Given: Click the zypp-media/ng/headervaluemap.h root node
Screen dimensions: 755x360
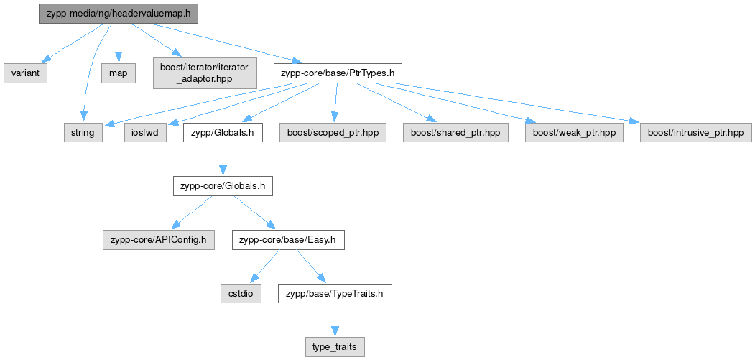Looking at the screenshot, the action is [x=119, y=14].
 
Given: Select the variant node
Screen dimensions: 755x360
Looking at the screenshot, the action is [x=26, y=74].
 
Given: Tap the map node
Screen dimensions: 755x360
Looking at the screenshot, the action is [x=119, y=74].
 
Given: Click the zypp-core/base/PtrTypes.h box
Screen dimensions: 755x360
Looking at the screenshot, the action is [x=338, y=74].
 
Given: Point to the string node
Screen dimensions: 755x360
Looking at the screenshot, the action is [x=83, y=132].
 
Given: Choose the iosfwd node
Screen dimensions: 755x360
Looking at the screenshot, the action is [x=146, y=132].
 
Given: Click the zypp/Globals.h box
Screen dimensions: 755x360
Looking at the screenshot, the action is [x=223, y=132].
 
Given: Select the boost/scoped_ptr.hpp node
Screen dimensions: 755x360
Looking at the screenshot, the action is [x=333, y=132].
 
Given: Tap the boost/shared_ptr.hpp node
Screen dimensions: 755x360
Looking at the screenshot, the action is [x=455, y=132].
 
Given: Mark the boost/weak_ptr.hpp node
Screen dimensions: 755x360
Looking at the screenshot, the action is [x=574, y=132].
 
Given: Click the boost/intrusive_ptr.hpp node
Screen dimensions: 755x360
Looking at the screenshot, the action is [x=696, y=132].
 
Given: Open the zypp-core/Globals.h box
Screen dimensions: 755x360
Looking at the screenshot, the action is [x=223, y=187].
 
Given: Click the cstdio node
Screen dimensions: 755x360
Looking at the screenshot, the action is [x=241, y=294].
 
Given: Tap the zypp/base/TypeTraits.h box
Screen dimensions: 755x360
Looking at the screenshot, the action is [x=335, y=294].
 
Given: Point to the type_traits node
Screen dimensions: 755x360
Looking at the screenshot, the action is [x=335, y=348].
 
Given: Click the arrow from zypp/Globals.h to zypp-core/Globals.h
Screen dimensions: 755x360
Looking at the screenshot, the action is [x=223, y=160].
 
